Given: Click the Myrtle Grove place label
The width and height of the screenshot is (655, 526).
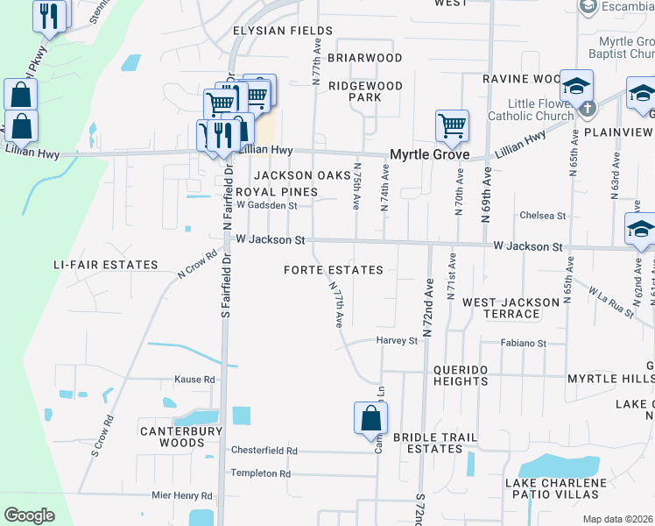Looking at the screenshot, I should point(429,154).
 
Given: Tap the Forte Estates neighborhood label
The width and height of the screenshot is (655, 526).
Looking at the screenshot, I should point(334,270).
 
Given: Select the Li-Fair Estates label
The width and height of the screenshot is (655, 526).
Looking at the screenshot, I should point(106,265).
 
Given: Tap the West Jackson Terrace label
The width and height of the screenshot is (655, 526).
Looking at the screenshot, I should point(512,308).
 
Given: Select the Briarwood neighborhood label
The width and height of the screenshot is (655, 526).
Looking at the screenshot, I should point(364,58).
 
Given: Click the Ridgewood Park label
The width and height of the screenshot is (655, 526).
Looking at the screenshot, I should point(365,91).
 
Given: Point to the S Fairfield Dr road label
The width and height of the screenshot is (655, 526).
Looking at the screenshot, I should point(225,281).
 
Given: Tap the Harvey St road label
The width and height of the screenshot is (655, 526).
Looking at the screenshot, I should point(398,340).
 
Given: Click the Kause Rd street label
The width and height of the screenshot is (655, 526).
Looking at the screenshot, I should point(194,380).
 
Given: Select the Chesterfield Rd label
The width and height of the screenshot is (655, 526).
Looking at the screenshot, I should point(264,451).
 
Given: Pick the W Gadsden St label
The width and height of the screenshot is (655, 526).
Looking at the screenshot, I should point(267,205).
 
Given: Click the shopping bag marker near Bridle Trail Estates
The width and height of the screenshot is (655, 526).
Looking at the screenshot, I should point(371,417).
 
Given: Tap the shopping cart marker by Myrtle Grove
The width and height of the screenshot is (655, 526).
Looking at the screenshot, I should point(452,125).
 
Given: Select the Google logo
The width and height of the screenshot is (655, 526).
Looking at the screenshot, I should point(29,515).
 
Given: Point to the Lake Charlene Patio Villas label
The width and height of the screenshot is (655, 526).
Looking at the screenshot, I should point(555,489).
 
